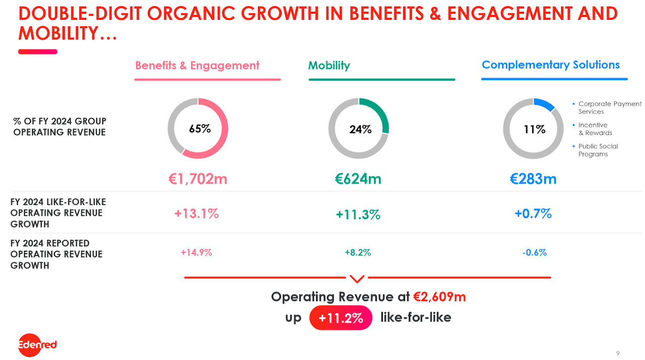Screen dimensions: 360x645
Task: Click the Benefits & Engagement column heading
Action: click(197, 66)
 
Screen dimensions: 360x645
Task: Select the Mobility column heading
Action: click(329, 66)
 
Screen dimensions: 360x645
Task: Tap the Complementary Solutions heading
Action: click(551, 65)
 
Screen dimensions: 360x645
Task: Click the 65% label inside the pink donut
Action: click(200, 129)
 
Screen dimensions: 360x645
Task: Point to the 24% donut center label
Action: click(360, 130)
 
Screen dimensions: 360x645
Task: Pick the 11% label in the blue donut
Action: click(534, 130)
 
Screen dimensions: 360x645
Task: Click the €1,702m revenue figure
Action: click(198, 179)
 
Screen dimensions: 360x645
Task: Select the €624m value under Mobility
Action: click(358, 179)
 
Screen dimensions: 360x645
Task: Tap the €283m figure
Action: click(533, 179)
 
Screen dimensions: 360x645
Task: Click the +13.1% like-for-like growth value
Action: click(197, 214)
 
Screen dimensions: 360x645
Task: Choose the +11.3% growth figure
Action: click(358, 215)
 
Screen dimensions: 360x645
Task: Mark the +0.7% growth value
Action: click(533, 214)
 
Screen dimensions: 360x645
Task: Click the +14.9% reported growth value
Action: click(196, 253)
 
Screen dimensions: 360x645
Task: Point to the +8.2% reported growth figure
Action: click(358, 253)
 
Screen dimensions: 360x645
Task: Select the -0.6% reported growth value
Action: click(534, 253)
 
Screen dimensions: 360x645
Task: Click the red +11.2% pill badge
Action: click(341, 318)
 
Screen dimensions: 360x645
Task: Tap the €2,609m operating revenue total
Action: click(439, 297)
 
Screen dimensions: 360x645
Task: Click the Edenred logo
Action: click(37, 345)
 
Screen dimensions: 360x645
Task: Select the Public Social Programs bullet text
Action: click(598, 150)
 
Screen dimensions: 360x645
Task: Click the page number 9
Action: click(618, 352)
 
